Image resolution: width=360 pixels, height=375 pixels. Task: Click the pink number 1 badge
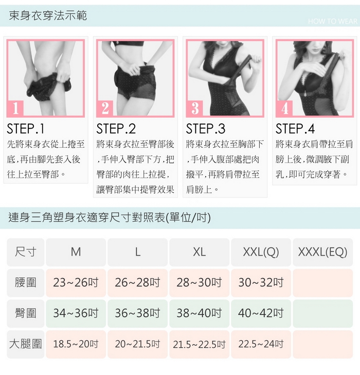[15, 109]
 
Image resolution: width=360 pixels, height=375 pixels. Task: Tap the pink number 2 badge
[105, 109]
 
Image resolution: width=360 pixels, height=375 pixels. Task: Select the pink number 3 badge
[194, 109]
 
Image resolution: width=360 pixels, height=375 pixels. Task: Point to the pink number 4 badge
[284, 109]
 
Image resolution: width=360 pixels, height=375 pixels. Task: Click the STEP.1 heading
[26, 129]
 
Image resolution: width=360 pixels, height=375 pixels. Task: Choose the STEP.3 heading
[205, 129]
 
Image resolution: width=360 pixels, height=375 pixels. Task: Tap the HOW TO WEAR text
[333, 21]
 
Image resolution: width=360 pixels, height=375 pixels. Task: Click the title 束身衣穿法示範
[47, 15]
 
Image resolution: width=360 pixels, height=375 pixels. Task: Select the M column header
[76, 252]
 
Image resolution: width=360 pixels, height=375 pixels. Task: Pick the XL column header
[199, 252]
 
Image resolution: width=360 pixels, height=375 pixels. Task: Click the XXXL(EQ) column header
[322, 252]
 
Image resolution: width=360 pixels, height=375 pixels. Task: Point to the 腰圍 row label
[26, 283]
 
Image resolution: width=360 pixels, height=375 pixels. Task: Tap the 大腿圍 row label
[26, 344]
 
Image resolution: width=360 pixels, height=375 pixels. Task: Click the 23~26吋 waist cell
[76, 283]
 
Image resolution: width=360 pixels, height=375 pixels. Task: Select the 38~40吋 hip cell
[199, 313]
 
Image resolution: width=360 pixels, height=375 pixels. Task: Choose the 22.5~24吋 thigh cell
[261, 344]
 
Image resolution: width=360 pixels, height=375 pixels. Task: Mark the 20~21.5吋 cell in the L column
[137, 344]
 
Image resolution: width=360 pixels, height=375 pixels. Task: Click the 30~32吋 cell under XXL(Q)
[261, 283]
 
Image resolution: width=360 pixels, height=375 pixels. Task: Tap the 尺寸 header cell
[26, 252]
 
